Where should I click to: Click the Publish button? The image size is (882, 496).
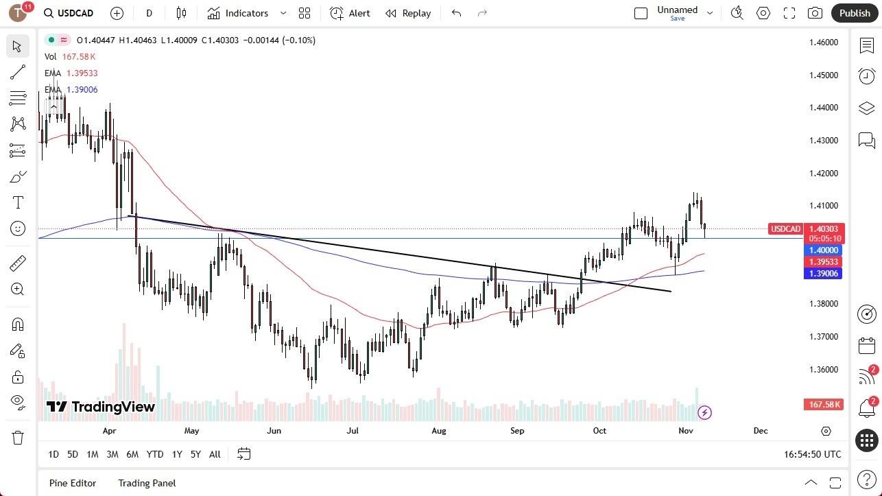coord(854,13)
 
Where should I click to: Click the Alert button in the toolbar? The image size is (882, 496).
coord(350,13)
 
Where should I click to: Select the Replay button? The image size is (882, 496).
coord(408,13)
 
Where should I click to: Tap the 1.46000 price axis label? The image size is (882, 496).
coord(824,43)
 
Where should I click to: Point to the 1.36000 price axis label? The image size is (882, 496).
coord(824,370)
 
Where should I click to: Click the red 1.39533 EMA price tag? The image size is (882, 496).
coord(823,262)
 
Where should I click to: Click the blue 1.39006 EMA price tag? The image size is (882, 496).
coord(823,274)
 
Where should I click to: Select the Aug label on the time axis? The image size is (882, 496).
coord(439,431)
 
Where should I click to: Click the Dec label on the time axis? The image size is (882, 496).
coord(761,431)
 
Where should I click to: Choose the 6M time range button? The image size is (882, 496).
coord(132,454)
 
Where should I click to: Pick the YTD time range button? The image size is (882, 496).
coord(155,454)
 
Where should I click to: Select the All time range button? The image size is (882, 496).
coord(215,454)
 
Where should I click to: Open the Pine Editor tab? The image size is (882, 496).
coord(73,483)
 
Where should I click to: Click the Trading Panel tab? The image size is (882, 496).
coord(147,483)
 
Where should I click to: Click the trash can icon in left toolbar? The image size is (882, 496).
coord(18,438)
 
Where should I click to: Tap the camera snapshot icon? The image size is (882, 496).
coord(815,13)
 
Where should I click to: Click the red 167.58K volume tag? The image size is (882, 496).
coord(824,405)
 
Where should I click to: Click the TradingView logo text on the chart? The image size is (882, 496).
coord(101,407)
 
